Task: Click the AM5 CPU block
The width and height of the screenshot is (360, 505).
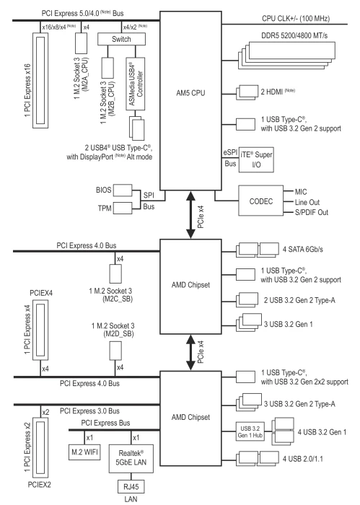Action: [x=190, y=101]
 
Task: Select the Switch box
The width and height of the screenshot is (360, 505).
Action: [x=121, y=39]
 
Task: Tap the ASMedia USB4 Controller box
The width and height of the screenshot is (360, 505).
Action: [x=136, y=84]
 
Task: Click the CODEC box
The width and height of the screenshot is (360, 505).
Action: [x=261, y=201]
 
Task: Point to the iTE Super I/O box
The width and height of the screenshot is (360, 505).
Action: [x=256, y=159]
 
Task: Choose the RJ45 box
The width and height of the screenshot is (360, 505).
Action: [x=131, y=486]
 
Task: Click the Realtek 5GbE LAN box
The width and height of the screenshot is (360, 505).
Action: [x=131, y=458]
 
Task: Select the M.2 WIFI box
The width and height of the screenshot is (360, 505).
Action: [x=84, y=452]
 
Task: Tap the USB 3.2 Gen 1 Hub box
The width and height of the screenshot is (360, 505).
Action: [x=250, y=431]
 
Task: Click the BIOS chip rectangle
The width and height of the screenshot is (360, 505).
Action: [x=123, y=190]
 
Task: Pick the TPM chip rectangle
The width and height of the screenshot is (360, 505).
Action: [x=123, y=208]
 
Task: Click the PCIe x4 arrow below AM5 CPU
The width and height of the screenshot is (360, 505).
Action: [x=190, y=214]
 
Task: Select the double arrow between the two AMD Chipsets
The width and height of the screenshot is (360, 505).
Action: [x=190, y=352]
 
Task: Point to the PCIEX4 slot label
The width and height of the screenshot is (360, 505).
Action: [x=41, y=293]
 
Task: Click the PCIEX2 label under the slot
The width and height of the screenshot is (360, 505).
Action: [x=39, y=484]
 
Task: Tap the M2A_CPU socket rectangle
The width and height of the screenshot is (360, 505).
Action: [x=81, y=43]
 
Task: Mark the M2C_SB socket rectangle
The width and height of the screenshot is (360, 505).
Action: [x=115, y=273]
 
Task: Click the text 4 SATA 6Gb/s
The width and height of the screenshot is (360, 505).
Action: [x=303, y=250]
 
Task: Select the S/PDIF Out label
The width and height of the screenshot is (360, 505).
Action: [x=312, y=212]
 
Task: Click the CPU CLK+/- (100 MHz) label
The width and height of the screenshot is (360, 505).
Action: [x=296, y=18]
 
